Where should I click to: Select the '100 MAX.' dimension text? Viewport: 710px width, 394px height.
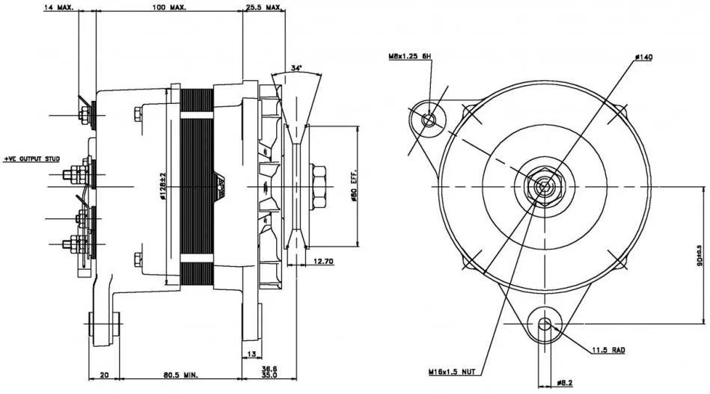[169, 7]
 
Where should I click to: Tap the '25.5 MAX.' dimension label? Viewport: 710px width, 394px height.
[263, 7]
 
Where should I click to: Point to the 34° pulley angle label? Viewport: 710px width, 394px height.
[297, 68]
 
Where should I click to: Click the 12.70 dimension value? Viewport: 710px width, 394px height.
[323, 260]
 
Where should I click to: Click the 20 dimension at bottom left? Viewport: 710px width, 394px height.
[105, 374]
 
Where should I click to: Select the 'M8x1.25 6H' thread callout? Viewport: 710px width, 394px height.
[410, 56]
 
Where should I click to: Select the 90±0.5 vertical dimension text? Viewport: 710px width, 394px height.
[700, 254]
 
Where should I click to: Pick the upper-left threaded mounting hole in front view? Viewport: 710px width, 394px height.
[429, 118]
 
